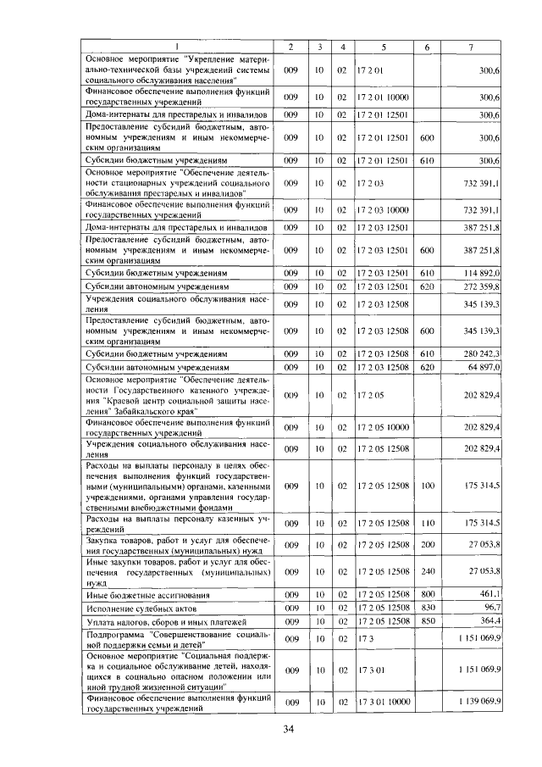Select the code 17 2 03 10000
coord(384,209)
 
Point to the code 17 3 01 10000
coord(384,703)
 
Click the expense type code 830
coord(427,608)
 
